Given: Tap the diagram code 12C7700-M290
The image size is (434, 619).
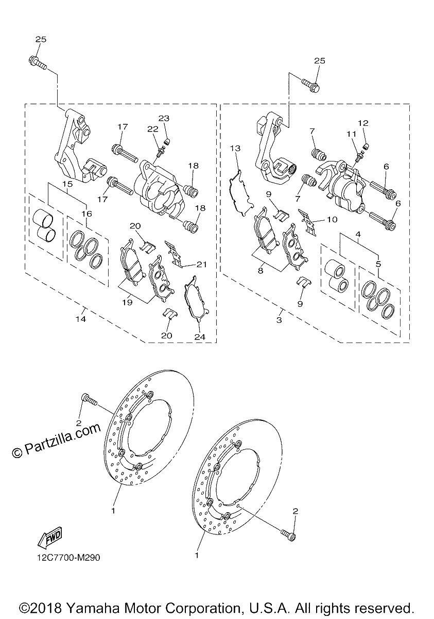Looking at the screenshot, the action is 68,558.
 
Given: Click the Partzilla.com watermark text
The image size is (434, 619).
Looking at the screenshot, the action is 56,439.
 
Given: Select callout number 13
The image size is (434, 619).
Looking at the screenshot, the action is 235,149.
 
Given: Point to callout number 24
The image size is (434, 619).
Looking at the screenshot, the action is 200,337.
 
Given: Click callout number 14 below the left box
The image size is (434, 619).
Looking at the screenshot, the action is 81,319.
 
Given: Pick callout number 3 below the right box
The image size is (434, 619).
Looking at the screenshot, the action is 279,320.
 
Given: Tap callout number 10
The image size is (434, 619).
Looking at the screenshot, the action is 332,219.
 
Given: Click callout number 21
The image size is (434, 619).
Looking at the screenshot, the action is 202,265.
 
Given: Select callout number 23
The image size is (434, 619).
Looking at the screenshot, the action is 164,118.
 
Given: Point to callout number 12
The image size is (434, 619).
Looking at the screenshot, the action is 363,123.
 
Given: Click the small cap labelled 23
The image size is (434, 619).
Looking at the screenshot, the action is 166,142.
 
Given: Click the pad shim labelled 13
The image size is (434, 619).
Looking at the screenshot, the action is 240,192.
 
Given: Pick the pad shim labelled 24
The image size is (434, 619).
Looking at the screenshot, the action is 197,299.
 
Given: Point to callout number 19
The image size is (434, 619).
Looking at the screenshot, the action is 127,302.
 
